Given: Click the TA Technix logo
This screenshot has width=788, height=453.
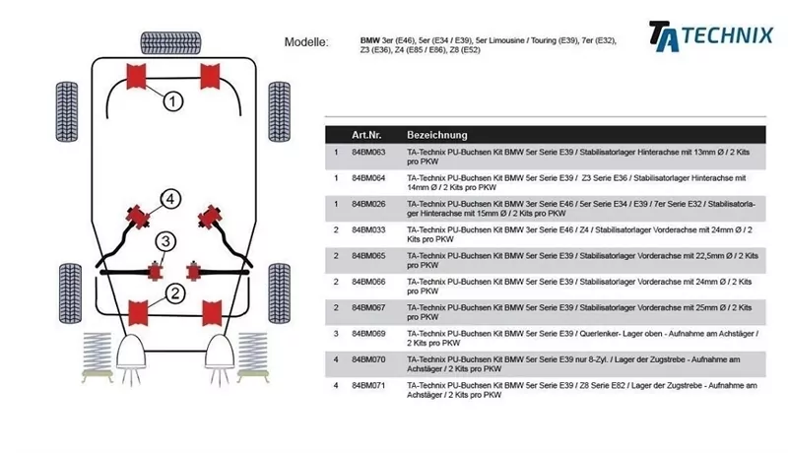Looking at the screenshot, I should coord(709,35).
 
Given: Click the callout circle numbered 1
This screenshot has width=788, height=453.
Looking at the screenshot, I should coord(171,100).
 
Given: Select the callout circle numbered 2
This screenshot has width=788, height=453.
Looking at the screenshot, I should coord(173,292).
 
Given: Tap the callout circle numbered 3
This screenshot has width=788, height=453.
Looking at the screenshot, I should coord(165,241).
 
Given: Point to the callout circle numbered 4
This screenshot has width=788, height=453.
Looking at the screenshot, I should coord(169,200).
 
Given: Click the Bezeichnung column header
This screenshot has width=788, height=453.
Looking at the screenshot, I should coord(436,134).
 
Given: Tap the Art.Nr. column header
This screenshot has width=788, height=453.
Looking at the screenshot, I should coord(367,134).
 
